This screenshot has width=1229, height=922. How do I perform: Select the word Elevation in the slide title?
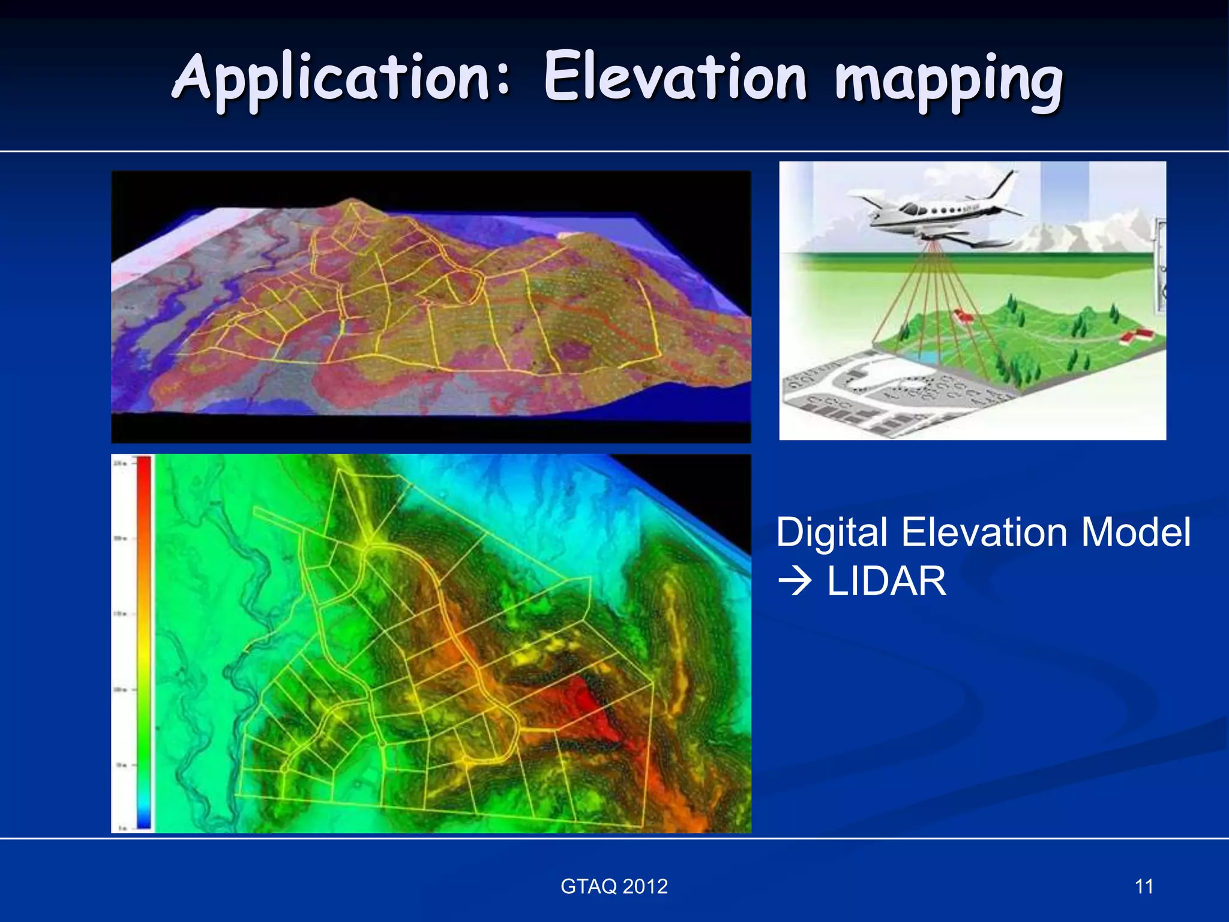pos(675,78)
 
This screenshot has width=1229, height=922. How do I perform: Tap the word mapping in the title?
pos(948,81)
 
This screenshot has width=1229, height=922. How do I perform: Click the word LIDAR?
pos(886,581)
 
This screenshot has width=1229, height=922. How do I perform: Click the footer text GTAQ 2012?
pos(614,886)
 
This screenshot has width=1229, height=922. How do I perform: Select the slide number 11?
pos(1144,886)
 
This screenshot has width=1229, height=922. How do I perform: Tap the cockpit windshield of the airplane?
pos(912,209)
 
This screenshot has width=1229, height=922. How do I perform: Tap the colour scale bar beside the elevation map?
pos(144,642)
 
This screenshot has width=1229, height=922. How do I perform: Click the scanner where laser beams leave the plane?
pos(930,240)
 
